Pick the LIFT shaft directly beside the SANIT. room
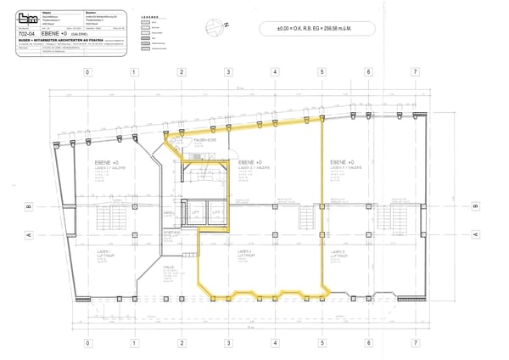click(x=193, y=211)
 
